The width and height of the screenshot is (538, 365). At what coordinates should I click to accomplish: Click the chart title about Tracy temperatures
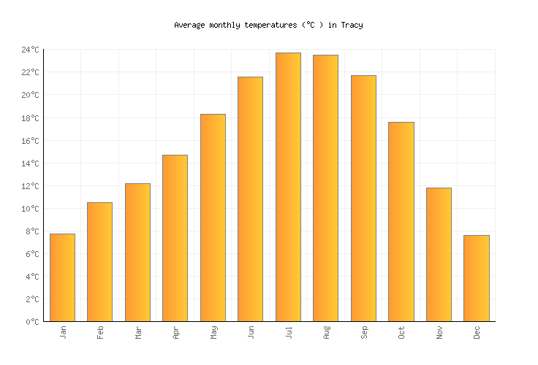(x=268, y=25)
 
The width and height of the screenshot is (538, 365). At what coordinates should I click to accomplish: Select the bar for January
(x=62, y=277)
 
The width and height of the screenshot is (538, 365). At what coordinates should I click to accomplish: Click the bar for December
(x=476, y=278)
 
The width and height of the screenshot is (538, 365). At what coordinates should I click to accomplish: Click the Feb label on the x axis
(x=100, y=332)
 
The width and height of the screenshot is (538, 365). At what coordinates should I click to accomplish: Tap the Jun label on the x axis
(x=251, y=332)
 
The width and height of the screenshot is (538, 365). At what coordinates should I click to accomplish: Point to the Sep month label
(x=364, y=332)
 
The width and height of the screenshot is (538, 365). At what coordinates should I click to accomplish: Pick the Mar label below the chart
(x=138, y=332)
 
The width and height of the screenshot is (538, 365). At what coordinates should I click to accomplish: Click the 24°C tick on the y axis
(x=30, y=50)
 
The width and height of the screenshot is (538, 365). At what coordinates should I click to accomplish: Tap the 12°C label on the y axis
(x=30, y=186)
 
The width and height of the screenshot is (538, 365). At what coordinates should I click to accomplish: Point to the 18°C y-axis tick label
(x=30, y=118)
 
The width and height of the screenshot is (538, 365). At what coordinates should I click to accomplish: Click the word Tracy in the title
(x=352, y=25)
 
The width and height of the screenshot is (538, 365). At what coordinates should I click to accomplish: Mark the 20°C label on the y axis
(x=30, y=95)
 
